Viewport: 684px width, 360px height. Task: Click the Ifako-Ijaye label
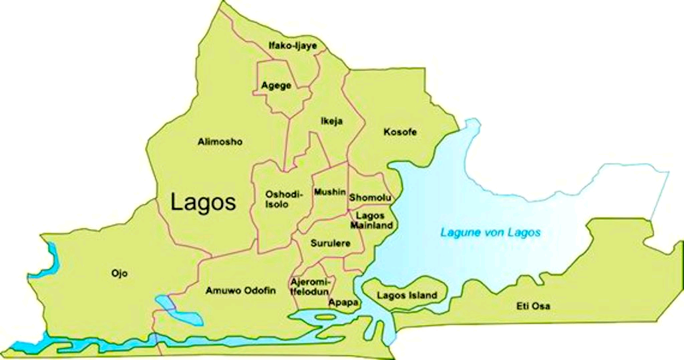pyautogui.click(x=292, y=46)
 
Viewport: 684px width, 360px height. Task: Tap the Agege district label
pyautogui.click(x=276, y=86)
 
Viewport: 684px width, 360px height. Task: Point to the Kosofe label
pyautogui.click(x=400, y=132)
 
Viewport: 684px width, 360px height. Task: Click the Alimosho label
pyautogui.click(x=220, y=142)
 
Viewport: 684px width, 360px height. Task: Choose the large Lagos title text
pyautogui.click(x=203, y=202)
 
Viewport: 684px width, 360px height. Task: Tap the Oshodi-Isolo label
pyautogui.click(x=284, y=199)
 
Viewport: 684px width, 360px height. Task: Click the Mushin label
pyautogui.click(x=330, y=192)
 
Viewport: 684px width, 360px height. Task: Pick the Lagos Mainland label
pyautogui.click(x=375, y=221)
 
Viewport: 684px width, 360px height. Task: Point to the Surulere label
pyautogui.click(x=330, y=244)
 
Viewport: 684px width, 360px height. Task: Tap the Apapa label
pyautogui.click(x=343, y=303)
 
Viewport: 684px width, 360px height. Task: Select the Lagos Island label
pyautogui.click(x=407, y=295)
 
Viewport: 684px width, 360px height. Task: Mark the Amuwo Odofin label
pyautogui.click(x=240, y=291)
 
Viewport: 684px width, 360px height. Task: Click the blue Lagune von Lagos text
pyautogui.click(x=490, y=233)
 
